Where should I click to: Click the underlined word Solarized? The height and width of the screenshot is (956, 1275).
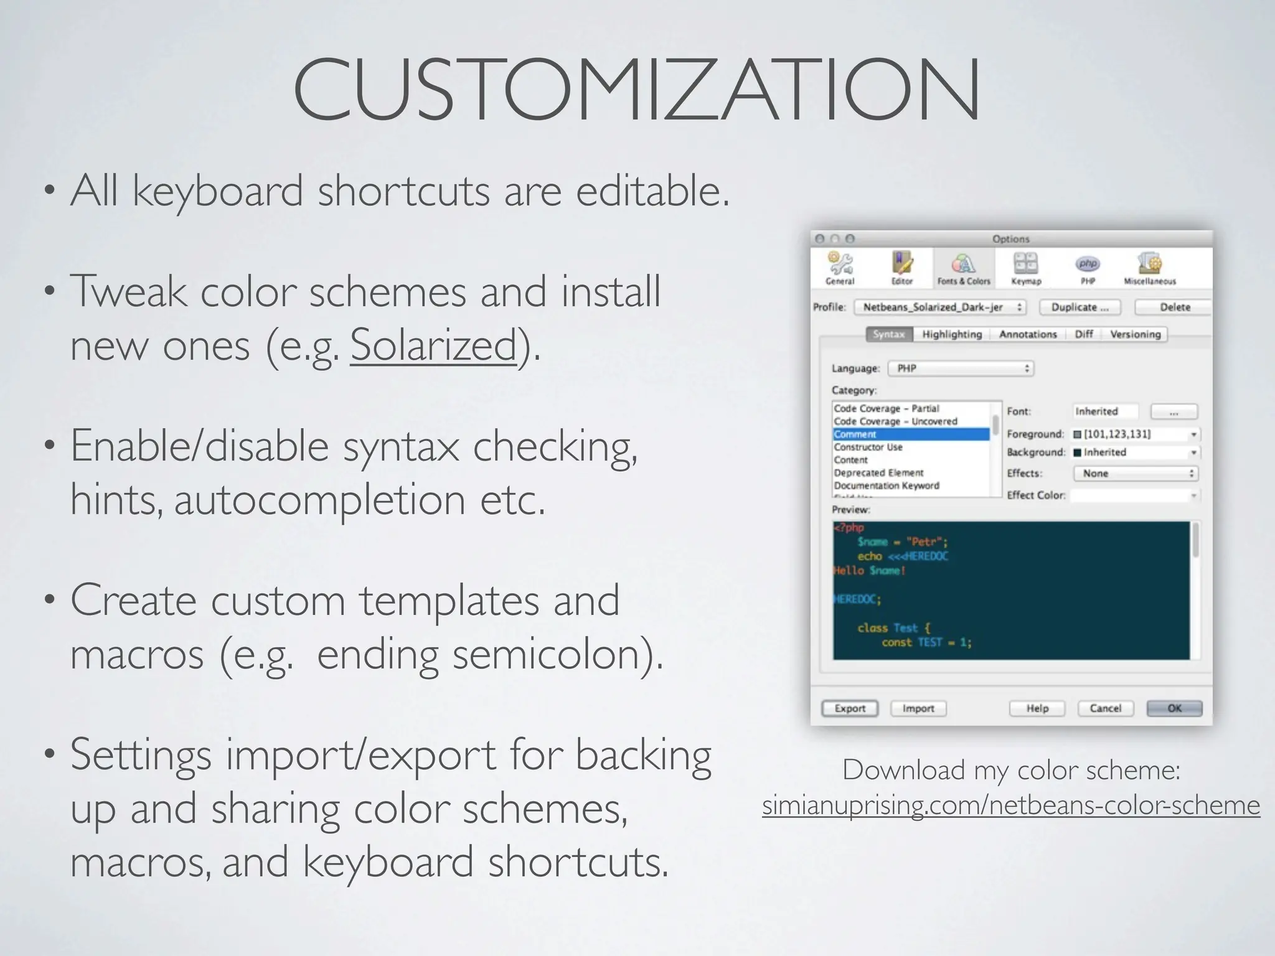[433, 344]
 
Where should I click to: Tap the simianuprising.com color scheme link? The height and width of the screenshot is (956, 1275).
[1011, 805]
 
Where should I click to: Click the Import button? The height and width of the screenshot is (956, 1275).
[918, 708]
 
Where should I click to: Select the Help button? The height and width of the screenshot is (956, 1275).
[1037, 708]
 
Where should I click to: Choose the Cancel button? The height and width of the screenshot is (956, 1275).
[1105, 708]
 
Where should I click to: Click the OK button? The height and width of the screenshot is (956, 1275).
[1174, 708]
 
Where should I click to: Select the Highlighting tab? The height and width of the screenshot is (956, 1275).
[952, 334]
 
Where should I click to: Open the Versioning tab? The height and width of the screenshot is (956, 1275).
[1135, 334]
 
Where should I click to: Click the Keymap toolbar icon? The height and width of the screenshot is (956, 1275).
[1026, 268]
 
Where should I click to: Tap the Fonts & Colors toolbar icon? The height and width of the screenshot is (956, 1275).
[963, 268]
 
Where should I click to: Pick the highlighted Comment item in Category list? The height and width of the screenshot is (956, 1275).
[910, 434]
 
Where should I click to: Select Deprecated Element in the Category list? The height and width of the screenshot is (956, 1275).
[878, 473]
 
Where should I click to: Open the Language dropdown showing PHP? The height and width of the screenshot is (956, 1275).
[961, 368]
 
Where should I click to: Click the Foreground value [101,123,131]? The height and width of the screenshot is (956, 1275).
[1117, 434]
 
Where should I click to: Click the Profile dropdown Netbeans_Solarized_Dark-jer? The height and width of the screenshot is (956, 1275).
[939, 307]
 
